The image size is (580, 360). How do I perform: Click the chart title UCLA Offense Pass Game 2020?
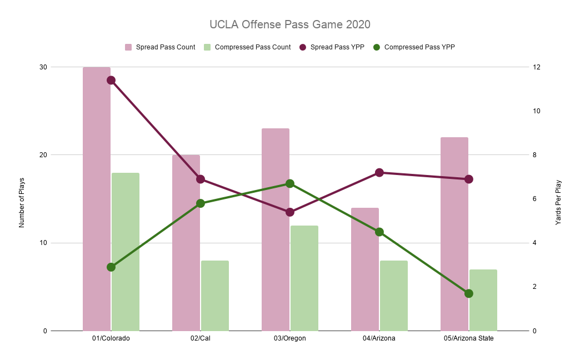click(289, 25)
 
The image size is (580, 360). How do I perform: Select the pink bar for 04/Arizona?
click(365, 269)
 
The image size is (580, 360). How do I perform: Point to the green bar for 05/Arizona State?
click(483, 300)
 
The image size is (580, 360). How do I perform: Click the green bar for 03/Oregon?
click(304, 278)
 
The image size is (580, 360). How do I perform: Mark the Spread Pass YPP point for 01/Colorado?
click(111, 80)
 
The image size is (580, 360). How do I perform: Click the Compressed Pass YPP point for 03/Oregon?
click(290, 183)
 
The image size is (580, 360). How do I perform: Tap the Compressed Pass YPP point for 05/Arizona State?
click(469, 293)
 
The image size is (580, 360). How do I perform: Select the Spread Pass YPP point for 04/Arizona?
click(379, 173)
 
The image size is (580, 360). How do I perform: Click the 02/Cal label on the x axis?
click(201, 338)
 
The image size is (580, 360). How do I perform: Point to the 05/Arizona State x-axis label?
click(469, 338)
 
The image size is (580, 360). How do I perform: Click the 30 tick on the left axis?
click(43, 67)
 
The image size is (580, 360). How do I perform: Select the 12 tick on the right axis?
click(537, 67)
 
